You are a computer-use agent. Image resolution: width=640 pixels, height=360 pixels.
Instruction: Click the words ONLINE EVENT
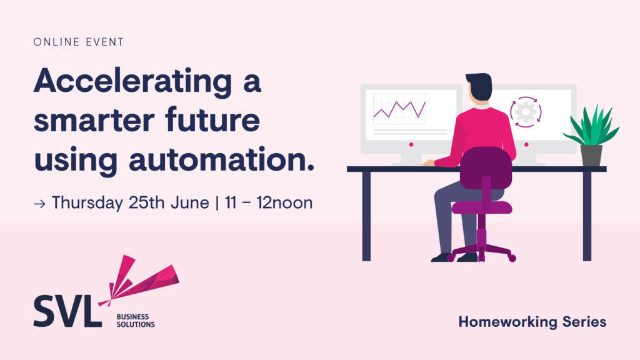click(x=78, y=42)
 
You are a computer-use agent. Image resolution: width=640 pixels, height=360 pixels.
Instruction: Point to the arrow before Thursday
click(x=39, y=204)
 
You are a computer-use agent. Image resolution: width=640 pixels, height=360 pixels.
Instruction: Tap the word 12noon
click(x=284, y=202)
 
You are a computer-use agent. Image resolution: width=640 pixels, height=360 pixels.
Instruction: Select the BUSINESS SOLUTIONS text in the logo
click(x=136, y=321)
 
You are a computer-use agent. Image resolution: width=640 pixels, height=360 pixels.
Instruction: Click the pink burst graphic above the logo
click(x=139, y=279)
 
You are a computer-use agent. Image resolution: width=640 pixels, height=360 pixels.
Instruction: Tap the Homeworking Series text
click(x=532, y=322)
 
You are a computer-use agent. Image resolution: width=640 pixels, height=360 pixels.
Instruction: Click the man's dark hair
click(x=480, y=86)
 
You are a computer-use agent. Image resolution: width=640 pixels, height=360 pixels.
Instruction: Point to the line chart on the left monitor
click(x=399, y=109)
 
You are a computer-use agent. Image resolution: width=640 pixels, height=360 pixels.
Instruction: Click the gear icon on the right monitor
click(x=526, y=112)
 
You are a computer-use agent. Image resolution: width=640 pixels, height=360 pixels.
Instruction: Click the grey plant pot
click(x=591, y=156)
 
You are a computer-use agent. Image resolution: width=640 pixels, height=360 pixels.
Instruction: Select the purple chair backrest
click(x=486, y=168)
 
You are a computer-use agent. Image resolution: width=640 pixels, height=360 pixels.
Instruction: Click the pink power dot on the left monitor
click(x=411, y=145)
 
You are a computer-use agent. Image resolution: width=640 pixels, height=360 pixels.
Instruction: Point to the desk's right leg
click(x=587, y=216)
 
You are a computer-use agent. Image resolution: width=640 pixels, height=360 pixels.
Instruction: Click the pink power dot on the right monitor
click(x=526, y=145)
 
